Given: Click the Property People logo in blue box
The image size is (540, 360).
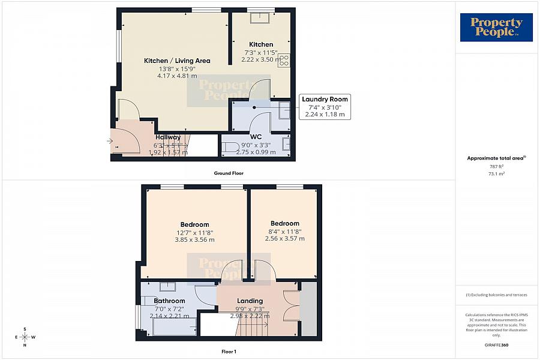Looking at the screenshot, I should point(496,28).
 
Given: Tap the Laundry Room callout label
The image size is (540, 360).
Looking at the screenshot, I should point(325,100).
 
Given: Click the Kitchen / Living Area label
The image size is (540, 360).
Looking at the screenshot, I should point(177,61).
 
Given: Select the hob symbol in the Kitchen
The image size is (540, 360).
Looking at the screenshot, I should point(284,60).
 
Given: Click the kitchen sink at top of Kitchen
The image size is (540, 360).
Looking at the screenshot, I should point(261,17).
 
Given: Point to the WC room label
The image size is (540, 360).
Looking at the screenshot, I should point(257,137).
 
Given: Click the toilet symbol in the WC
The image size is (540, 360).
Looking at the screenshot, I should point(232,147).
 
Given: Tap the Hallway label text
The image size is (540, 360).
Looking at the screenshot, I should point(168,137).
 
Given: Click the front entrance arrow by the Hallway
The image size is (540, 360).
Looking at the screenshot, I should point(109,142).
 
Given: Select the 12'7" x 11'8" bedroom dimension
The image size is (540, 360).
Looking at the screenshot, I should point(194,232).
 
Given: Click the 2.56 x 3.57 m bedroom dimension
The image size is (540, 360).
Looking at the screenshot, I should point(284,238).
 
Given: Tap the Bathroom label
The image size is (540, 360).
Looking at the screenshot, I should point(169,301).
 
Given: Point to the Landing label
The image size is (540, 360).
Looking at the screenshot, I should point(250,301).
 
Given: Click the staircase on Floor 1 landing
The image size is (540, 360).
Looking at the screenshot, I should point(253,328).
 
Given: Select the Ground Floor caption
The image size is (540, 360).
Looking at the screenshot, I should point(229,173).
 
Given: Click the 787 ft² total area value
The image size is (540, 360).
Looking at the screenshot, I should point(496,166).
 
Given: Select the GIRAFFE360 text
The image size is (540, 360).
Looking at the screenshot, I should point(496,346).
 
